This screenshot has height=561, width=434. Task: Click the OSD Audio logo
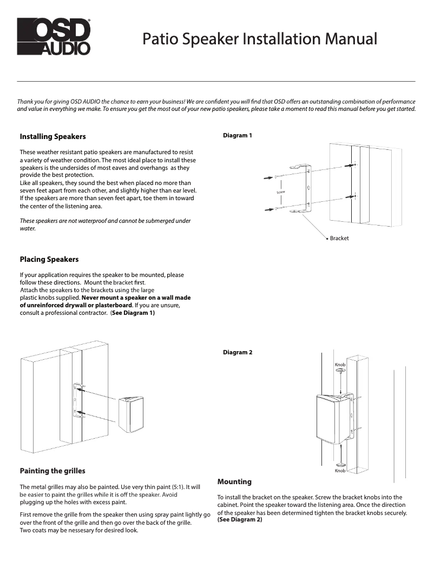point(53,36)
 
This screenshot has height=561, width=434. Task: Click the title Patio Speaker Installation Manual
point(260,39)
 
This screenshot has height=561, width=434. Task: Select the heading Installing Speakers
point(52,136)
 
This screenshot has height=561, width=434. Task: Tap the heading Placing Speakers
point(49,259)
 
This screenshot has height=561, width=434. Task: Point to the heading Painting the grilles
point(52,471)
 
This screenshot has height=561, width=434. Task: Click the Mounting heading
point(234,481)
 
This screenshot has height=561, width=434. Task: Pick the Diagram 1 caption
point(238,135)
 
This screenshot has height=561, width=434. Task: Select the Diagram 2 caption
point(238,353)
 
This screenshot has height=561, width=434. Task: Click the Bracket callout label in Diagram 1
point(339,238)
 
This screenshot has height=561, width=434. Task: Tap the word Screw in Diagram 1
point(281,193)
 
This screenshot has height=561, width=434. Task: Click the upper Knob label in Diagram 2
point(340,365)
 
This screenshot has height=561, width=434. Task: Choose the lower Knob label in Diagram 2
point(340,471)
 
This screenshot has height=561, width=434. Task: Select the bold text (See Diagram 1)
point(133,312)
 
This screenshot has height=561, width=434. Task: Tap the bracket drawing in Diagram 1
point(308,189)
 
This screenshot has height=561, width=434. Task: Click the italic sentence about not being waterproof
point(105,225)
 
